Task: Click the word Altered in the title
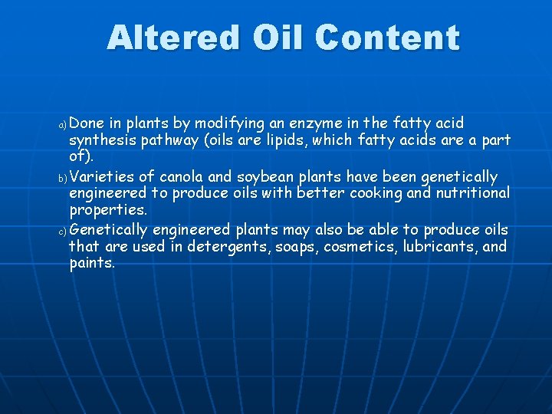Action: click(163, 37)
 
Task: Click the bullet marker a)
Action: click(63, 124)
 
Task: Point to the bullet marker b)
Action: click(63, 178)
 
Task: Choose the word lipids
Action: click(288, 140)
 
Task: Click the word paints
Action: click(92, 263)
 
